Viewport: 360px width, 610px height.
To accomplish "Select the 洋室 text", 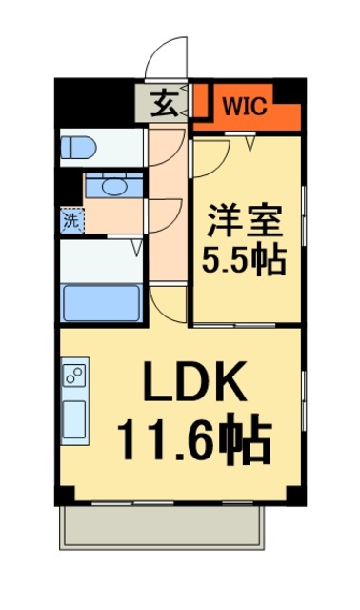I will click(x=245, y=221).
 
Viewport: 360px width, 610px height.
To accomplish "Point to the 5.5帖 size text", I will click(x=245, y=258).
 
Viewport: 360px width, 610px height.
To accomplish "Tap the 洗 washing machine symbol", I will click(x=71, y=221).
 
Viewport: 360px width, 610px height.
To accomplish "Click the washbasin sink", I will click(x=117, y=186).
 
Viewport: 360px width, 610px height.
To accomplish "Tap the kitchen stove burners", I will click(x=74, y=374).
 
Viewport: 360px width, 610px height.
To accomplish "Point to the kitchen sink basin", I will click(x=74, y=417).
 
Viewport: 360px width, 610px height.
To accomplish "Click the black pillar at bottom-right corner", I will click(x=298, y=497).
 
